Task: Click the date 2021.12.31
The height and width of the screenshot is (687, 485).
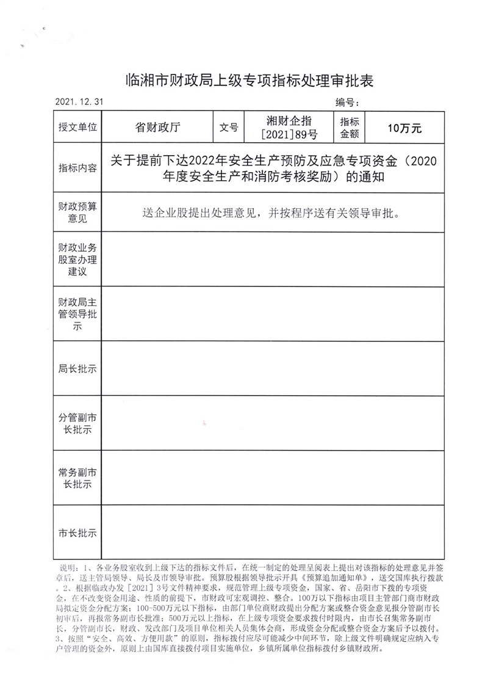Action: coord(78,102)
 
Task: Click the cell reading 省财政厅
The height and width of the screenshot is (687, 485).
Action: coord(158,128)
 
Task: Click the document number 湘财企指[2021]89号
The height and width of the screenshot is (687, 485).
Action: coord(289,128)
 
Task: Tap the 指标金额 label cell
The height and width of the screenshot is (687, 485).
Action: coord(350,128)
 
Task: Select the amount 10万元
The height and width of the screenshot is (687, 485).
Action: coord(404,128)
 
